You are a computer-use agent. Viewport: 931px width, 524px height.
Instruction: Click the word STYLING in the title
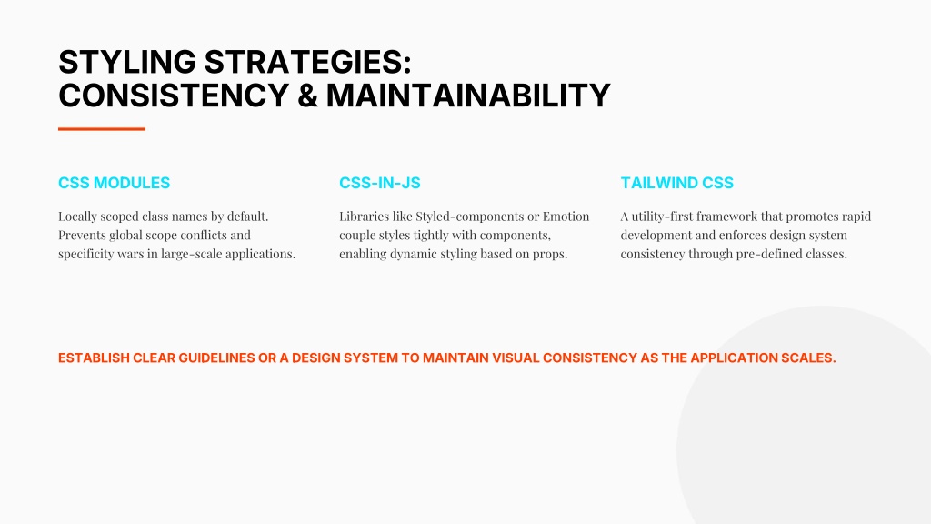pos(127,63)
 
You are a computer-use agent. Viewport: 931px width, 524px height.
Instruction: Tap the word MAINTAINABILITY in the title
pos(468,96)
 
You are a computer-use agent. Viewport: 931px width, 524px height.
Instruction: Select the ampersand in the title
pos(307,96)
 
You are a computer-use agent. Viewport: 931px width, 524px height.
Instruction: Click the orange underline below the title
pos(102,129)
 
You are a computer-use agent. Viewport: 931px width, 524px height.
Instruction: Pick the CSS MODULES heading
pos(114,183)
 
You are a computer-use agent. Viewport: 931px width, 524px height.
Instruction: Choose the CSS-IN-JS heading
pos(380,183)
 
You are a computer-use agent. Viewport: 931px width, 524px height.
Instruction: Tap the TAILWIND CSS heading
pos(676,183)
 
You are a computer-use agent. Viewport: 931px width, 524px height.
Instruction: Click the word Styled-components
pos(470,217)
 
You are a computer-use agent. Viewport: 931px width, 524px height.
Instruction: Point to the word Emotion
pos(566,217)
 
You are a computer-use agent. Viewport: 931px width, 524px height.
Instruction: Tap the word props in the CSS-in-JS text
pos(550,255)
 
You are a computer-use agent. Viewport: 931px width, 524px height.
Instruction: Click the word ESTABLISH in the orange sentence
pos(94,358)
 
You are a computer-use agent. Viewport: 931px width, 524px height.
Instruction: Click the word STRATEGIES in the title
pos(307,63)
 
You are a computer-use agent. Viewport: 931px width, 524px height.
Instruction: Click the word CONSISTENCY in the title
pos(174,96)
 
